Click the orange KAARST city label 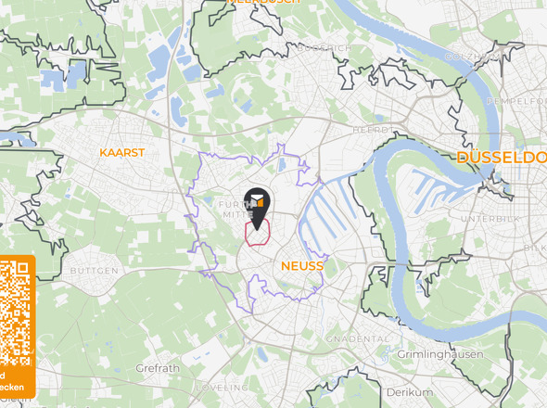pos(122,151)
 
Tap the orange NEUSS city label pos(300,266)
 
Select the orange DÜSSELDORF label pos(501,159)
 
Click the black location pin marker pos(256,205)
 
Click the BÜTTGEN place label pos(94,271)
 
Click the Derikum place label pos(409,392)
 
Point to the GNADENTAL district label pos(358,339)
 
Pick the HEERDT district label pos(370,131)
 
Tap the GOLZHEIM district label pos(473,57)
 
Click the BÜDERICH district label pos(321,47)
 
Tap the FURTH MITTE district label pos(234,208)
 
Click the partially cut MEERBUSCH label pos(264,3)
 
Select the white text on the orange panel pos(11,381)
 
